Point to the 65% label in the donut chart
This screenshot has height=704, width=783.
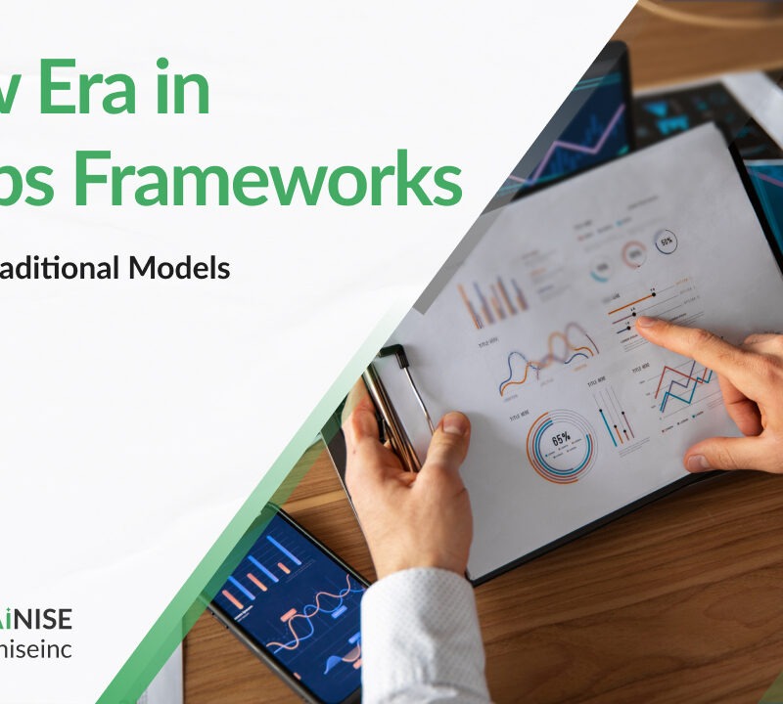[x=561, y=440]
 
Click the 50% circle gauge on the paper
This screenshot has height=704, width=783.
[x=666, y=241]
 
